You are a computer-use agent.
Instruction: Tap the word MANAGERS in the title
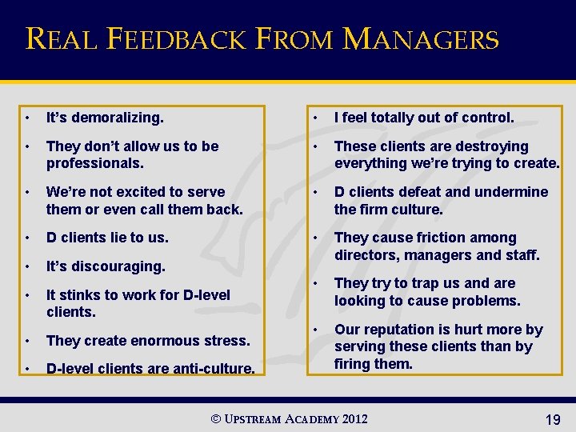pyautogui.click(x=421, y=38)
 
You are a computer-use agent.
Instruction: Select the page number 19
pyautogui.click(x=552, y=419)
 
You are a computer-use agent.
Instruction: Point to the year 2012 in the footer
pyautogui.click(x=355, y=418)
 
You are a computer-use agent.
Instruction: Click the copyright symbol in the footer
pyautogui.click(x=215, y=419)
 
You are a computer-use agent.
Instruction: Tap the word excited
pyautogui.click(x=138, y=192)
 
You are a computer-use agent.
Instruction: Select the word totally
pyautogui.click(x=402, y=118)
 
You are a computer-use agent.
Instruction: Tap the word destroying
pyautogui.click(x=494, y=146)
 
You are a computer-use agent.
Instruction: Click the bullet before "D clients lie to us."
pyautogui.click(x=28, y=238)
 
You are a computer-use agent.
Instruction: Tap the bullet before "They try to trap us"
pyautogui.click(x=316, y=284)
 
